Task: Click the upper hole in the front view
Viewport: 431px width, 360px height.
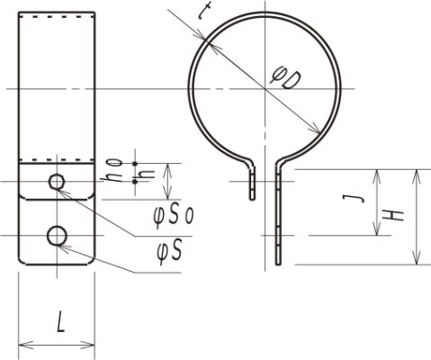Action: [57, 183]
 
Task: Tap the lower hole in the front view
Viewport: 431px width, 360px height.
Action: [57, 236]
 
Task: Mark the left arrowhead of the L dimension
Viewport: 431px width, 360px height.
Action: [22, 344]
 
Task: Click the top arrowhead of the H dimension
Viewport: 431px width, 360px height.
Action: [416, 174]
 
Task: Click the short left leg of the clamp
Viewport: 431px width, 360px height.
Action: [253, 184]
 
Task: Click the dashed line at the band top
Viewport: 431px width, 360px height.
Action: [57, 18]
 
